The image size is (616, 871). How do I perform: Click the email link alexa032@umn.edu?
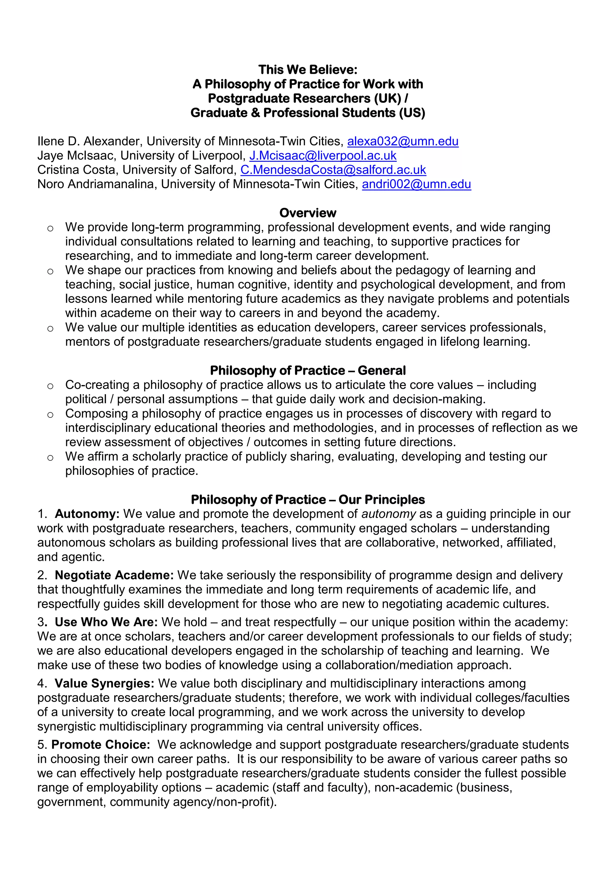click(x=403, y=141)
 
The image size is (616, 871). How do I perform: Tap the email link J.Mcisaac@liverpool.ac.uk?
click(x=323, y=156)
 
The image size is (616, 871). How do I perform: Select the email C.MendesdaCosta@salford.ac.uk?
click(x=333, y=170)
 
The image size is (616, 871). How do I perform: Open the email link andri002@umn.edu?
click(x=416, y=184)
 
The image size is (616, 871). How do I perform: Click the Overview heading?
click(x=308, y=213)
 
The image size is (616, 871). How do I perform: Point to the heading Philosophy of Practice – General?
click(x=308, y=370)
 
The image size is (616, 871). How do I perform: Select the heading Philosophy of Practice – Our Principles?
click(x=308, y=499)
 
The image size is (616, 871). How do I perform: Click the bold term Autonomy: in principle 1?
click(x=87, y=514)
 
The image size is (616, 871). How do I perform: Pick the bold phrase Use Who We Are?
click(x=106, y=622)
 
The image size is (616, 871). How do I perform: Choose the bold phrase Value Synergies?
click(x=104, y=683)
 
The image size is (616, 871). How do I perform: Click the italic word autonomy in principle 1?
click(x=388, y=514)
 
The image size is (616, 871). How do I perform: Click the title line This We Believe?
click(x=308, y=69)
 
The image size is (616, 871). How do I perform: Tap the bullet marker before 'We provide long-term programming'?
click(x=50, y=228)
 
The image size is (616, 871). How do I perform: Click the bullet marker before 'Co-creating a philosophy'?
click(x=50, y=386)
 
